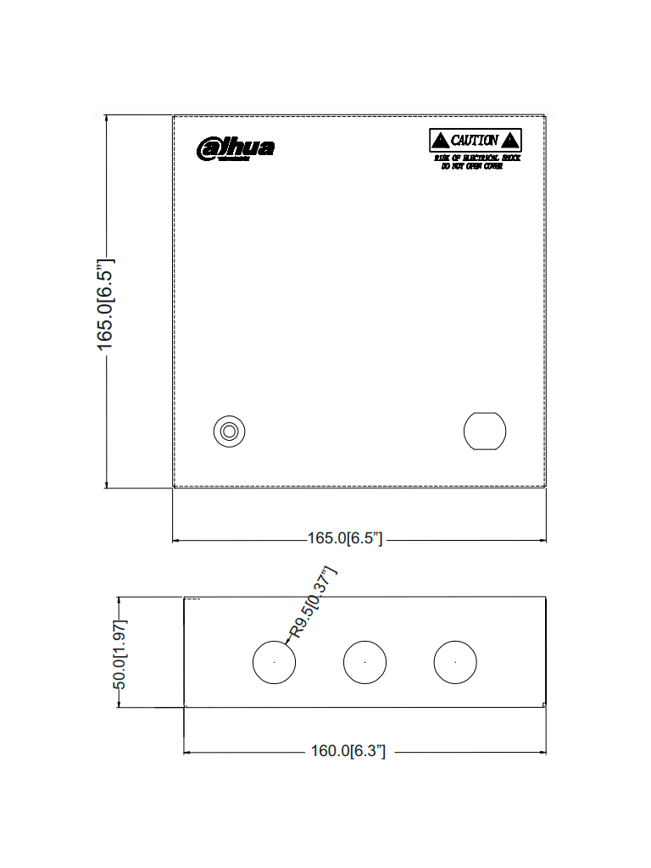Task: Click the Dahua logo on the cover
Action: tap(236, 148)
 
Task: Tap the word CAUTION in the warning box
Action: tap(475, 141)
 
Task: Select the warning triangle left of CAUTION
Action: tap(440, 141)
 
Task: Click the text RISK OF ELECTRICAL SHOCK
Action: tap(477, 159)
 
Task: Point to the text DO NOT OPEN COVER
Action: tap(472, 166)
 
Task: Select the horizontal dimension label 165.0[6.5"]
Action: tap(345, 539)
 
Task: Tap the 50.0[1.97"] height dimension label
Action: tap(120, 654)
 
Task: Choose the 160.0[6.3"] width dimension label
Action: tap(348, 751)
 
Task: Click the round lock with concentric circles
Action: tap(228, 431)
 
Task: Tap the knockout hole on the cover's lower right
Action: tap(485, 431)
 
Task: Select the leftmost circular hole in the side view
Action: tap(275, 661)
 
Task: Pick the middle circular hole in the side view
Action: tap(364, 661)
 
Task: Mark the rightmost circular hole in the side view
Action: tap(455, 661)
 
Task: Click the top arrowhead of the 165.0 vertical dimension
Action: tap(106, 120)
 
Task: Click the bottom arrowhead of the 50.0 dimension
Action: tap(120, 704)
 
